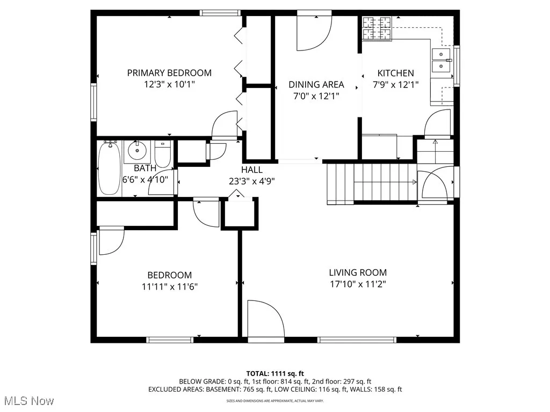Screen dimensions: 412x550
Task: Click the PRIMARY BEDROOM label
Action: [169, 72]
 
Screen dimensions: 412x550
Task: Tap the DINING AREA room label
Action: [316, 84]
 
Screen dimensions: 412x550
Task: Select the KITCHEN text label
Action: [395, 73]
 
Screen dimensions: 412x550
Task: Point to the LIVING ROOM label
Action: [358, 273]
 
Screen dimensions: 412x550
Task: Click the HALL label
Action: [252, 170]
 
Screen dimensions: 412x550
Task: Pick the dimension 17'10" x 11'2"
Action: [358, 284]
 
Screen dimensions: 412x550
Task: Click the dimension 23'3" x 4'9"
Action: [252, 181]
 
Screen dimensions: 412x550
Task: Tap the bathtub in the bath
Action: [109, 168]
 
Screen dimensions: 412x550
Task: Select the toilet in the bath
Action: [162, 153]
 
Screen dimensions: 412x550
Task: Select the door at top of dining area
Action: [314, 31]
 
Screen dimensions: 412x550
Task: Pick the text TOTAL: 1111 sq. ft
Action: [275, 373]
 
